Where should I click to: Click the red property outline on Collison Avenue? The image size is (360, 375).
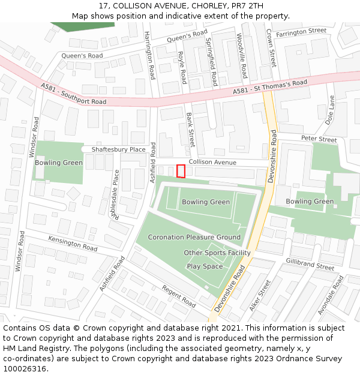tap(181, 171)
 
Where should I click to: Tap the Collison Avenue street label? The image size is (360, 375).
tap(212, 163)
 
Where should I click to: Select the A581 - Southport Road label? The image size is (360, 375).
tap(74, 95)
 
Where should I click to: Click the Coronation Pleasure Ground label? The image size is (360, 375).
tap(194, 237)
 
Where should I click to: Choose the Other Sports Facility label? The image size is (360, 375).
tap(217, 253)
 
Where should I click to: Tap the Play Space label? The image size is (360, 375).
tap(205, 266)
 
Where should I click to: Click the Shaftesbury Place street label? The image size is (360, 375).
tap(118, 149)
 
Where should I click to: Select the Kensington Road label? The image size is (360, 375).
tap(73, 244)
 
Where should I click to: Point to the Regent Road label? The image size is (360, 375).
tap(179, 297)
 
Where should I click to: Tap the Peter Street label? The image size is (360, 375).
tap(319, 139)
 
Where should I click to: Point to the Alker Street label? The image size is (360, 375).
tap(260, 295)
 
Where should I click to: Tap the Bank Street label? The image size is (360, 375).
tap(190, 130)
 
